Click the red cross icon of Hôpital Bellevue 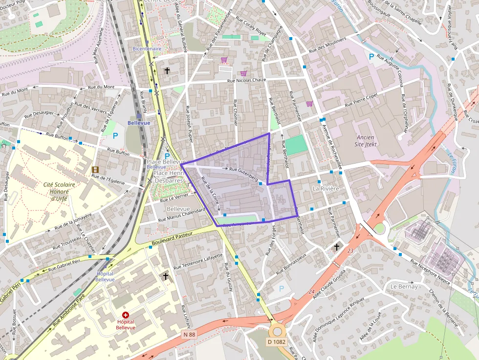pos(126,316)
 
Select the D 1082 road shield pos(276,342)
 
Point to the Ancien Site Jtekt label pos(365,141)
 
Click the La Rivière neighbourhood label pos(326,188)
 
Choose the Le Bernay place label pos(404,286)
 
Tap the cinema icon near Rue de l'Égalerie pos(95,169)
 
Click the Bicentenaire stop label pos(147,49)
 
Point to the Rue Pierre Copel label pos(361,100)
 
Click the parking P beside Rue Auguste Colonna pos(371,57)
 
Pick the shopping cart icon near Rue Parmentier pos(309,104)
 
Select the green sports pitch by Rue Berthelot pos(294,146)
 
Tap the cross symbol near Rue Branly pos(167,71)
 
